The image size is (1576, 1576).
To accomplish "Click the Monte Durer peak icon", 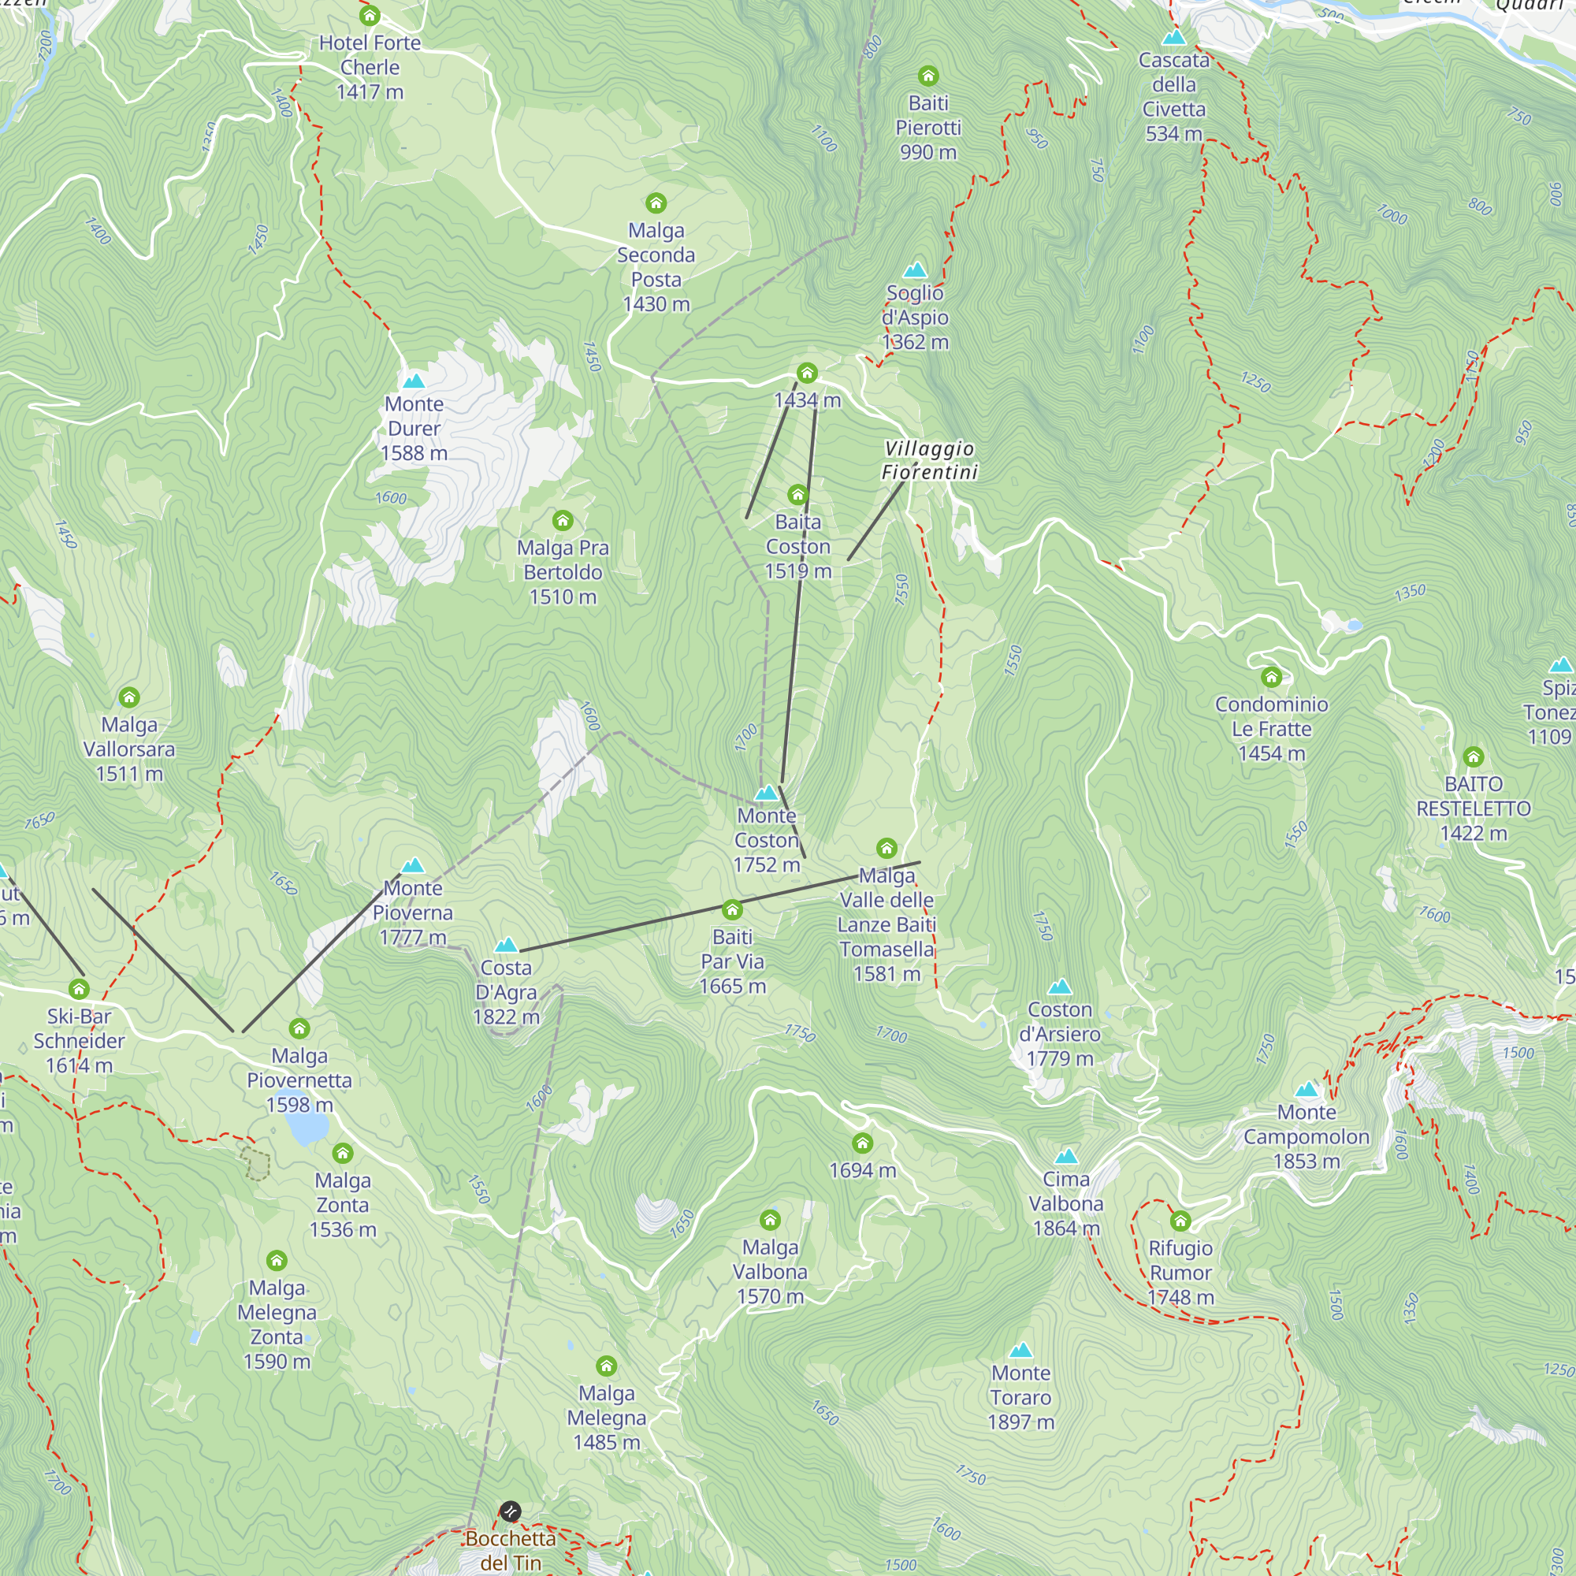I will coord(414,381).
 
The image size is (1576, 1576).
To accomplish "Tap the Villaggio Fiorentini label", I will coord(929,460).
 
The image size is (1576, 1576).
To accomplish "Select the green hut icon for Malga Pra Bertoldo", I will coord(563,520).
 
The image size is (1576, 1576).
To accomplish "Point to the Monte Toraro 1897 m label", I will coord(1020,1397).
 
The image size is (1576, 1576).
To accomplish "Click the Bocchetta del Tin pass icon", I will coord(510,1511).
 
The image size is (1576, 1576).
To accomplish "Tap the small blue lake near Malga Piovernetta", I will coord(306,1127).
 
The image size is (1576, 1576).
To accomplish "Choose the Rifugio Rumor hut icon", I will coord(1180,1221).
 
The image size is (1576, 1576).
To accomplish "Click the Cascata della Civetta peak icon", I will coord(1174,38).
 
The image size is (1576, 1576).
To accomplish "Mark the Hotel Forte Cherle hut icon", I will coord(370,16).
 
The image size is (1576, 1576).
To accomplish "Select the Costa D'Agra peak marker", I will coord(507,945).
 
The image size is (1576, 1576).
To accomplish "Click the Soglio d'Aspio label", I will coord(915,317).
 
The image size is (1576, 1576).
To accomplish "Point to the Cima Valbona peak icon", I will coord(1066,1156).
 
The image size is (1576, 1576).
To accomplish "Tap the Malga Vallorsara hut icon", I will coord(129,697).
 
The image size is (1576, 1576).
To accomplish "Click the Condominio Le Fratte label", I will coord(1271,728).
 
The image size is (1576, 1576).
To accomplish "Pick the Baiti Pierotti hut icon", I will coord(928,76).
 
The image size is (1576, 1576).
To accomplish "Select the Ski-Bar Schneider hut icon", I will coord(79,990).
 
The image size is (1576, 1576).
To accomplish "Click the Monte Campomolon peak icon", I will coord(1307,1089).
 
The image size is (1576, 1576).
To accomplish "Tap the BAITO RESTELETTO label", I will coord(1474,808).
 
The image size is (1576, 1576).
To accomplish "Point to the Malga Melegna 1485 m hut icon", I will coord(606,1366).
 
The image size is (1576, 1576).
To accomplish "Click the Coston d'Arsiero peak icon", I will coord(1060,987).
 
